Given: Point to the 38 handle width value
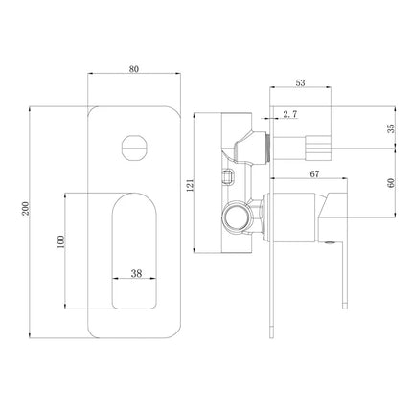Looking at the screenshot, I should click(x=136, y=273).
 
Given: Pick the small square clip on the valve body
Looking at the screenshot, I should click(x=229, y=175).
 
